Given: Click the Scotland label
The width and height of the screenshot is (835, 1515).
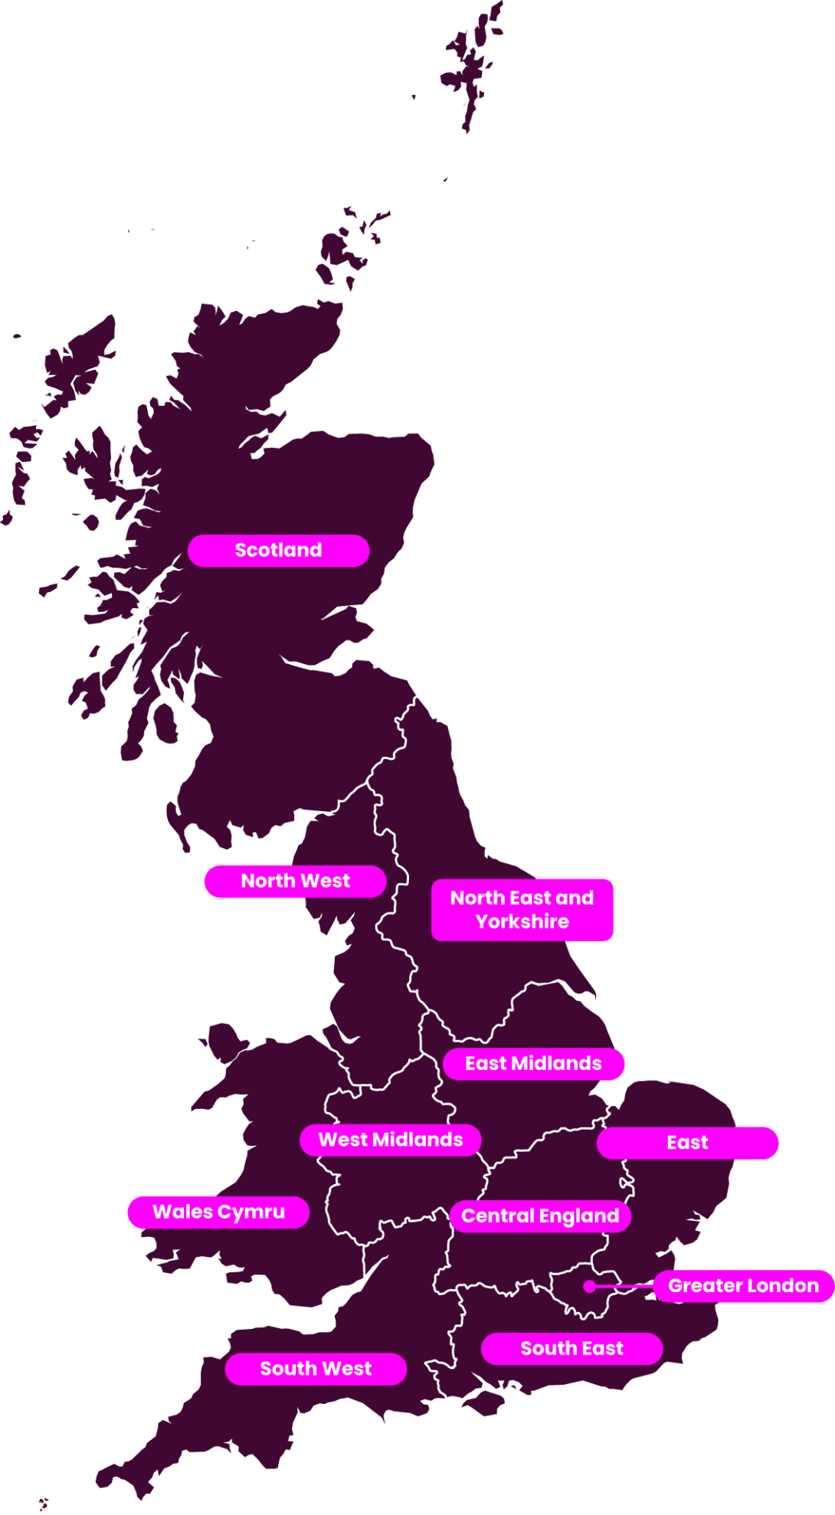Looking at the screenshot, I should pos(278,550).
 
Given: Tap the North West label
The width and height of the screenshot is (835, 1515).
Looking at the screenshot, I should pos(295,881).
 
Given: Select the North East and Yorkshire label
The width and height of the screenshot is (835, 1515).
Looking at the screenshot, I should pos(522,909).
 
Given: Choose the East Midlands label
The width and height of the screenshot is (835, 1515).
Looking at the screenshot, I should pos(533,1063).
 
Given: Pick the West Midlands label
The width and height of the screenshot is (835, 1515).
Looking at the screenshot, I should pos(390,1140).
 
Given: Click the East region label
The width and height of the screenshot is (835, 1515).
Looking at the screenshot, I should pos(687,1143).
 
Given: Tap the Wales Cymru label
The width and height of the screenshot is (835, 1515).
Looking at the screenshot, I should pos(218,1212).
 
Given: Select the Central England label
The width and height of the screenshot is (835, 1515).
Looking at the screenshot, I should pos(540,1216).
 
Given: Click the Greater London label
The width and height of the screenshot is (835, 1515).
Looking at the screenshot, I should pos(743,1285).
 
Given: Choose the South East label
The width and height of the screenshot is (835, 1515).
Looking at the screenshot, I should pos(571,1348).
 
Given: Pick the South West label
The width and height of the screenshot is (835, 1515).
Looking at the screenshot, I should pos(316,1368).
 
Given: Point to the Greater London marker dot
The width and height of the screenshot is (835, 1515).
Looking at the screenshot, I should pos(589,1286).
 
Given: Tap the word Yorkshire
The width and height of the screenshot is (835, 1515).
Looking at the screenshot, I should pos(522,921).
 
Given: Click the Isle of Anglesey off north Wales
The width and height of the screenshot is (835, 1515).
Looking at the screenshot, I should pos(224,1042).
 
